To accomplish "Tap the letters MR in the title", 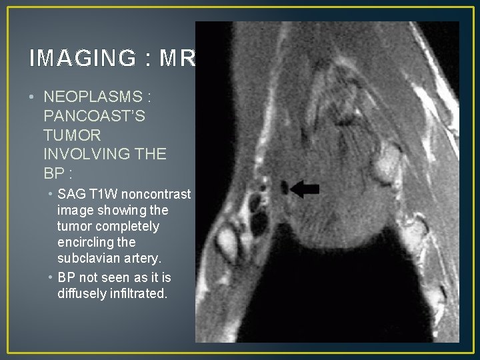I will (x=177, y=59).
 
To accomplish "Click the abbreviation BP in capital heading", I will (x=55, y=173).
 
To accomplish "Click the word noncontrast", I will (x=158, y=195).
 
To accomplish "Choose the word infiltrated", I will (x=139, y=293).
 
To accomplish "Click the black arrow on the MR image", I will (x=305, y=190).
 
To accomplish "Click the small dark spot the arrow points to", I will (x=285, y=189).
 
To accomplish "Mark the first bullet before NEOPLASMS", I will (x=32, y=98).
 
